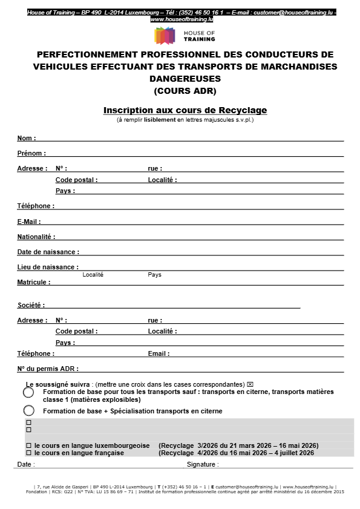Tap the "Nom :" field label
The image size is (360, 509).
[x=27, y=138]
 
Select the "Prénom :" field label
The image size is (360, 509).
[x=31, y=153]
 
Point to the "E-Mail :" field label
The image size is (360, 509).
[x=29, y=222]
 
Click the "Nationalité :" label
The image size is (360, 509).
[x=36, y=237]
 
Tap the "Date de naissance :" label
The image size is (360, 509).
[x=48, y=252]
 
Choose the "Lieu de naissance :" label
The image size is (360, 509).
[x=48, y=267]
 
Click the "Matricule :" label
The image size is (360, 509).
[x=34, y=282]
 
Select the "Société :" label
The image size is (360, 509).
[x=31, y=305]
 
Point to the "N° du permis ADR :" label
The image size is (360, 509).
[x=48, y=368]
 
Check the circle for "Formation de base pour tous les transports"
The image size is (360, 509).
[x=28, y=393]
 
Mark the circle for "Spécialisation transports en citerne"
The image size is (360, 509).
[x=28, y=411]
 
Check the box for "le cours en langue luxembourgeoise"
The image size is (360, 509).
[x=28, y=445]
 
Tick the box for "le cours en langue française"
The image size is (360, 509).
[x=28, y=453]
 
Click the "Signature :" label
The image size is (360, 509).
[x=203, y=464]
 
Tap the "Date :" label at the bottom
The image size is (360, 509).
[x=26, y=464]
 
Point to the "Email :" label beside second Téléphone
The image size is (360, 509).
[x=159, y=353]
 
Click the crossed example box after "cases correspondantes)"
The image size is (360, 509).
[x=250, y=384]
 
